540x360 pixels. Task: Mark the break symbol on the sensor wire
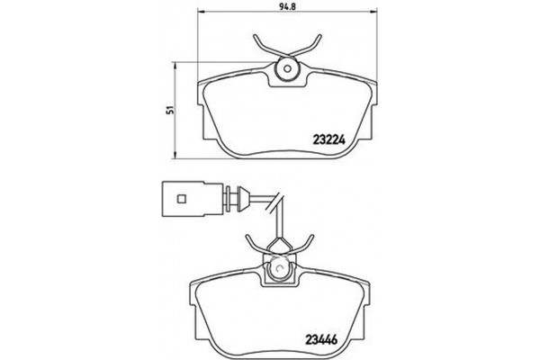click(x=279, y=201)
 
